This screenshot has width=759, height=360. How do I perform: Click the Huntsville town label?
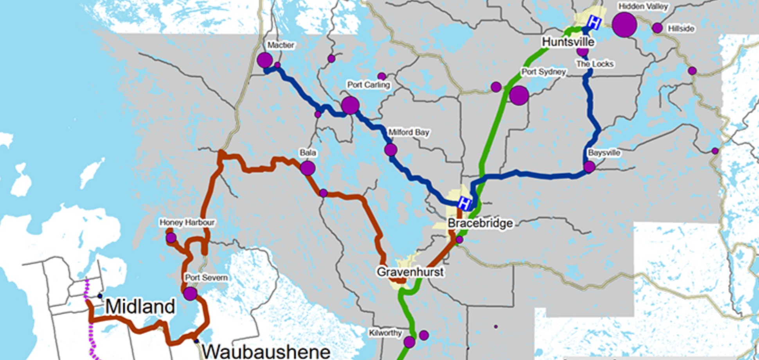coord(568,42)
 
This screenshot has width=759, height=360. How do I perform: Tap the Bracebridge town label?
coord(480,223)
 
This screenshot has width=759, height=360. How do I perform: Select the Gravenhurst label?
coord(410,272)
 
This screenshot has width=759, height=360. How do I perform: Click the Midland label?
coord(140,306)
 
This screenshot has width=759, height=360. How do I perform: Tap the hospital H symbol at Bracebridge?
coord(464,203)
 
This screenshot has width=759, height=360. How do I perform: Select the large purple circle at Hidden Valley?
coord(624,25)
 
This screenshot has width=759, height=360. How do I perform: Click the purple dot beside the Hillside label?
coord(657,28)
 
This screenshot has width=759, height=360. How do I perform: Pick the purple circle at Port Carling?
coord(350,105)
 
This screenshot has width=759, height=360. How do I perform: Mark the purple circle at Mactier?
coord(265,60)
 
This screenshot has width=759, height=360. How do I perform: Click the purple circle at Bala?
coord(308,168)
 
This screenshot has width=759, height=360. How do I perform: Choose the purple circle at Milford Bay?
coord(390,149)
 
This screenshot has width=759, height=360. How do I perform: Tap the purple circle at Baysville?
coord(589,167)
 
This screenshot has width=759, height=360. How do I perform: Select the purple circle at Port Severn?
coord(190,293)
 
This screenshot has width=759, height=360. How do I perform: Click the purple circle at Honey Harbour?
coord(171,238)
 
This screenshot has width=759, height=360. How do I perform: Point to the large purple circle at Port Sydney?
coord(519,95)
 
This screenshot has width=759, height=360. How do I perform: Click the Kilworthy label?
coord(385,333)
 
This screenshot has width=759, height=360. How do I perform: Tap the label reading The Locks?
coord(595,64)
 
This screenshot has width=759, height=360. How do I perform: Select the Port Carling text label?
coord(369,85)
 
